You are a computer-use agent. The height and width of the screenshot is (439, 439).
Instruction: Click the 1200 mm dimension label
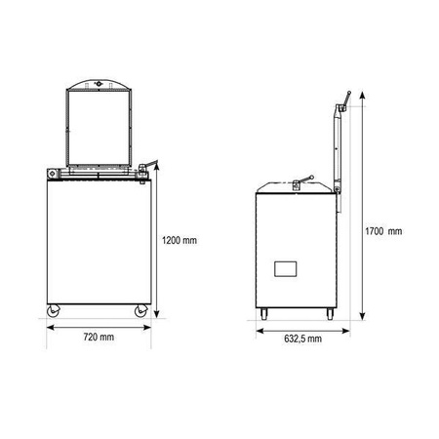(x=180, y=240)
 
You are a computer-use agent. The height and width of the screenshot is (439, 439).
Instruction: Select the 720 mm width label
(x=99, y=337)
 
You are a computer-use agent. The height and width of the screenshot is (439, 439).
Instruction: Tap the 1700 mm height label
(x=383, y=231)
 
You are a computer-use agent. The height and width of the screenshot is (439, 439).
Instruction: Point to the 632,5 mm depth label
(x=302, y=339)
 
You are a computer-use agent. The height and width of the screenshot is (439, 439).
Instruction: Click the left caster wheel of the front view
(x=53, y=311)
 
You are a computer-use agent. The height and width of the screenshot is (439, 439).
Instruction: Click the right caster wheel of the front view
(x=141, y=311)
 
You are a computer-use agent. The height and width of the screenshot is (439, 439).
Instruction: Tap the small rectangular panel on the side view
(x=286, y=269)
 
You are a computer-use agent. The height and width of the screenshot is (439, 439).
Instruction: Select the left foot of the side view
(x=263, y=314)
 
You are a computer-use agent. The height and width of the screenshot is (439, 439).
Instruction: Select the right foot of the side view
(x=330, y=314)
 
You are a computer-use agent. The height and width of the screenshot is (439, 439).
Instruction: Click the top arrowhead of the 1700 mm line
(x=363, y=96)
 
